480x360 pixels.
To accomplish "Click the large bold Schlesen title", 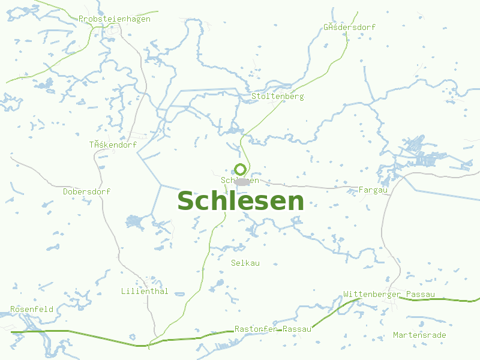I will click(241, 200).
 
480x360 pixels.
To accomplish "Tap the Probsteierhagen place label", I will click(115, 19).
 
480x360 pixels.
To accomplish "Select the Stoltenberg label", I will click(278, 96).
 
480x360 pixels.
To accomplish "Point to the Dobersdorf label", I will click(87, 191).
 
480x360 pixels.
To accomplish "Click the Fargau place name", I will click(373, 190).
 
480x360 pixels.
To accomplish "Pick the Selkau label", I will click(245, 263).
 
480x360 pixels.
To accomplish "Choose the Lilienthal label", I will click(145, 292).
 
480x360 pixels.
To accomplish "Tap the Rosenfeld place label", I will click(32, 310).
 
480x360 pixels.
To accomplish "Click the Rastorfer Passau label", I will click(273, 329).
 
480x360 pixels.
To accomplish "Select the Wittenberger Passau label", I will click(389, 295).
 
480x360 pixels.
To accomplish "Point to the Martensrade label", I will click(419, 335).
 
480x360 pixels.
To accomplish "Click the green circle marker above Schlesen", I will click(240, 169).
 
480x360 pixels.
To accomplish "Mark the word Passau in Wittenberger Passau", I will click(421, 295).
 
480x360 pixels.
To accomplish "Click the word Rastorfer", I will click(256, 329).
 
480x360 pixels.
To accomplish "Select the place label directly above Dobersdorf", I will click(113, 145).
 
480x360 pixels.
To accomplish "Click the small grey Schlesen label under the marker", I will click(240, 180).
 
